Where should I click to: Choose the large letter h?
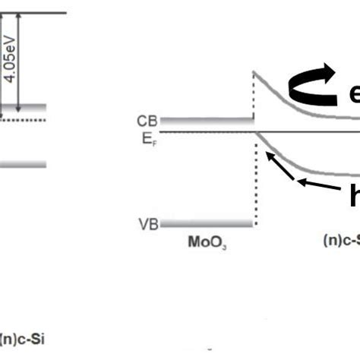[x=354, y=196]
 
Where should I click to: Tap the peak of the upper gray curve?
[x=253, y=72]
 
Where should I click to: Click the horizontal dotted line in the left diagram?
[x=23, y=119]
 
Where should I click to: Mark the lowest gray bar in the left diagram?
[x=23, y=164]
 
